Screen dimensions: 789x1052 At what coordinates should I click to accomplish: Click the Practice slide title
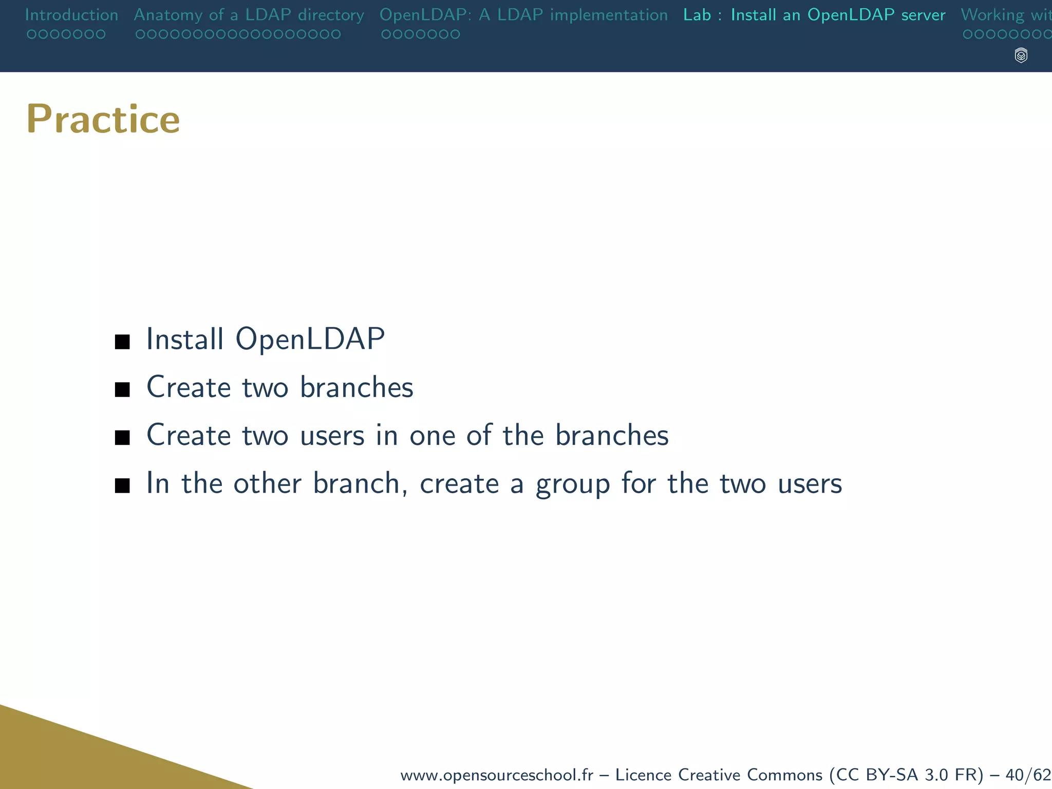tap(103, 119)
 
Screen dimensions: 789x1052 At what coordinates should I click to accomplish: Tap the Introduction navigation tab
tap(71, 15)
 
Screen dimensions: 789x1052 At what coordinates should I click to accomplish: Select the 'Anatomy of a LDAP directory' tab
tap(249, 15)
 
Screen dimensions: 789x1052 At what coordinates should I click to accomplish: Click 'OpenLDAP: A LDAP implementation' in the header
tap(523, 15)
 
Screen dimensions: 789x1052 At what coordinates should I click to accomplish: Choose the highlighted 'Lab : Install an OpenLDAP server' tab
tap(814, 15)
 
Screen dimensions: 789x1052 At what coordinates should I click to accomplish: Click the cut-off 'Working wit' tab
tap(1006, 15)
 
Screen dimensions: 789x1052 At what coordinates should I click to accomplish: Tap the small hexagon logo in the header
tap(1021, 55)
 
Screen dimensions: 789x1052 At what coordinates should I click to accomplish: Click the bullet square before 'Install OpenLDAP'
tap(122, 342)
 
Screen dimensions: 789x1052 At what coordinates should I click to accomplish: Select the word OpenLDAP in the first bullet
tap(310, 339)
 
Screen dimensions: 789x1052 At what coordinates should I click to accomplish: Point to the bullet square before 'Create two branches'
tap(122, 390)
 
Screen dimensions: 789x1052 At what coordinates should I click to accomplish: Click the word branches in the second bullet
tap(356, 387)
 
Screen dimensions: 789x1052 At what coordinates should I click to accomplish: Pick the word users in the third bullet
tap(332, 436)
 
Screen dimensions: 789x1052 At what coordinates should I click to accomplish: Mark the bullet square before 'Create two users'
tap(122, 438)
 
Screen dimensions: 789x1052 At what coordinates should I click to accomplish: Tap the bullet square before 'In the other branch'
tap(122, 485)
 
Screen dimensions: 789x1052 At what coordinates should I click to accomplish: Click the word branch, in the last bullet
tap(360, 484)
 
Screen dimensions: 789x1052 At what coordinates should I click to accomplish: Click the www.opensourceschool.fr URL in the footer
tap(496, 775)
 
